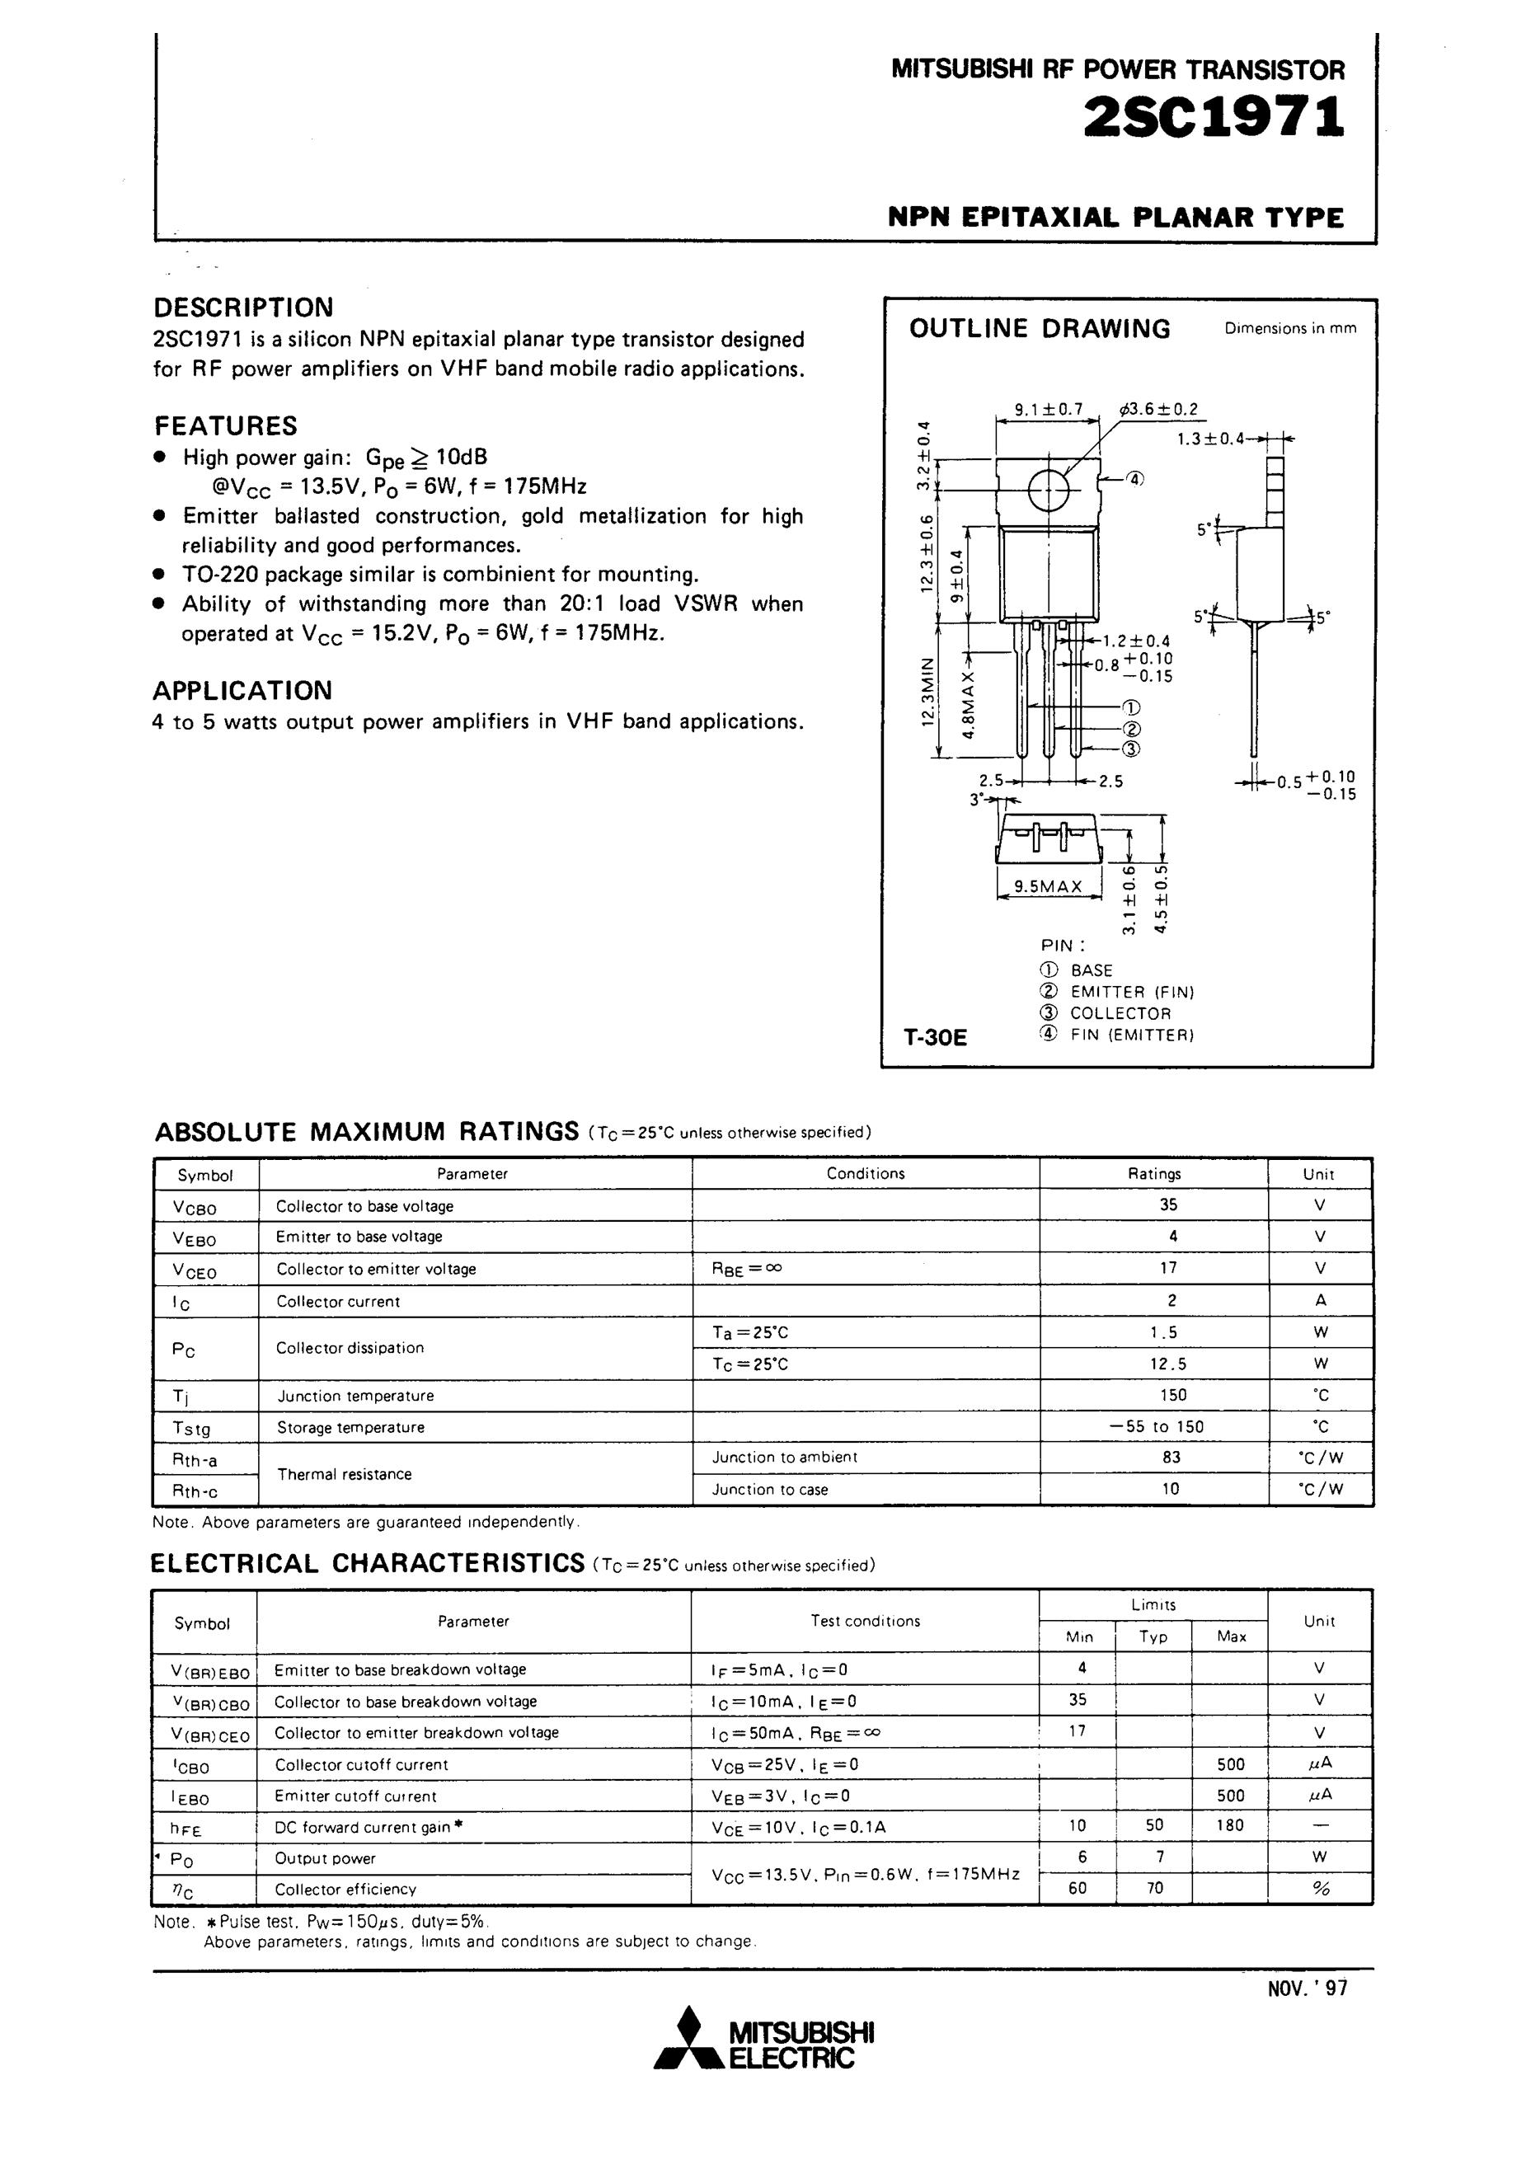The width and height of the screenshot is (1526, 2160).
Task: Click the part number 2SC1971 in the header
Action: [1214, 119]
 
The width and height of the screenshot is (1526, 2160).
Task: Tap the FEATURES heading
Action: [226, 426]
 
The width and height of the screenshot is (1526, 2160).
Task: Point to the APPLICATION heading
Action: [242, 691]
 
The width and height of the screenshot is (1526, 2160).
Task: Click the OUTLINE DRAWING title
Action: [1040, 328]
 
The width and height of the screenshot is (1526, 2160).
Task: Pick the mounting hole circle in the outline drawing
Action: [1048, 489]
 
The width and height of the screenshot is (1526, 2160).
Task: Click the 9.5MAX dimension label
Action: [1048, 886]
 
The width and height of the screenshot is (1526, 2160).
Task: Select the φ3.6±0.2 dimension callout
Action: [1159, 409]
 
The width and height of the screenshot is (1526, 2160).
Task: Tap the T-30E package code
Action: [935, 1038]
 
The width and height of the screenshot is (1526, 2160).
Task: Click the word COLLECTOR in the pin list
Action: [1120, 1013]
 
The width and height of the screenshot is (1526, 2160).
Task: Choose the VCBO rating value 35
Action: [1169, 1204]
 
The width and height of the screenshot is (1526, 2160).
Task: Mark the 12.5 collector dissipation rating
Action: [1169, 1363]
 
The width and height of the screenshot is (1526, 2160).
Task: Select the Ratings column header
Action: [1154, 1173]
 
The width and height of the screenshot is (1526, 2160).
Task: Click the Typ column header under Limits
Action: [1153, 1637]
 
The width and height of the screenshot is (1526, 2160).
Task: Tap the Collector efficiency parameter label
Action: [345, 1889]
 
